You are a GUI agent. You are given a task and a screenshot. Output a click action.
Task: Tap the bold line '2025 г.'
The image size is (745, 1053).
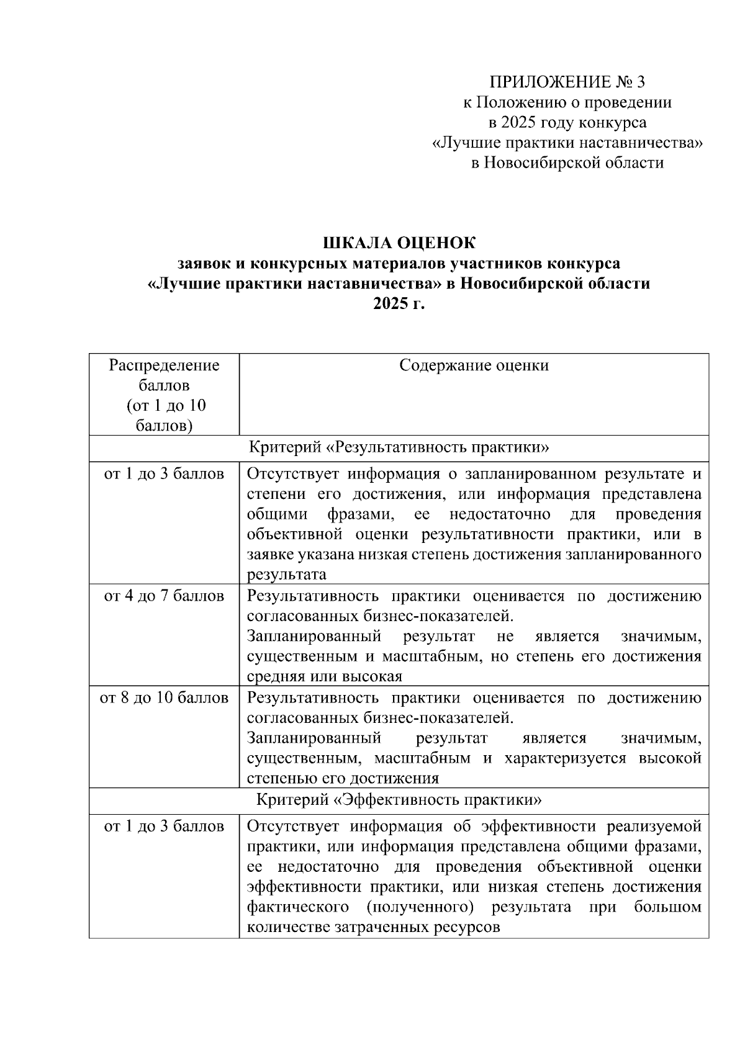click(399, 303)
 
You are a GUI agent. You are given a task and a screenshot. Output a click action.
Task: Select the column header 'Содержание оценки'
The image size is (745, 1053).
click(474, 365)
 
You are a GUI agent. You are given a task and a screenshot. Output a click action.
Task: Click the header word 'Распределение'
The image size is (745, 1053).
click(164, 365)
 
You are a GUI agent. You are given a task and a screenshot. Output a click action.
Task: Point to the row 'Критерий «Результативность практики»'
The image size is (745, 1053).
click(399, 447)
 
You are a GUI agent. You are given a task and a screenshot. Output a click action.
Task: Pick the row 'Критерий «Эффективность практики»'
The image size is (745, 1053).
click(399, 799)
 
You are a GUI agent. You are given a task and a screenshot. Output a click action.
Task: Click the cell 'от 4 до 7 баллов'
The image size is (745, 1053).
click(164, 596)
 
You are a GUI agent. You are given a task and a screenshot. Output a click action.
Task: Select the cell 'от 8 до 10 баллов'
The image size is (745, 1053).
click(164, 698)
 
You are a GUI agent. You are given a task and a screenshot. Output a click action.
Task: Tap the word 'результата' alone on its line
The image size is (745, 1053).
click(286, 574)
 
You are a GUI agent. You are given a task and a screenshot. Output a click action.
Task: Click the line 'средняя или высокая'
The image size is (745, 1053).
click(325, 676)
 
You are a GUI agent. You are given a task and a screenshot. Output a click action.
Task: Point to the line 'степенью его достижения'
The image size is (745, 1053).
click(343, 778)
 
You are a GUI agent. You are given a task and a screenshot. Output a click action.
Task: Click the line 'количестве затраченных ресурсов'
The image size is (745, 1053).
click(373, 928)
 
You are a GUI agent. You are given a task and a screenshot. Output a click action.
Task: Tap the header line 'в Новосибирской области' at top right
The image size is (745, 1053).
click(567, 163)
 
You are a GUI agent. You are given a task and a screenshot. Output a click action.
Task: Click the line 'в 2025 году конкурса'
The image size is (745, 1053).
click(567, 122)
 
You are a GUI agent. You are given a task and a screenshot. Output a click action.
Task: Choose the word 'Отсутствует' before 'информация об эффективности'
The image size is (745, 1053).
click(292, 827)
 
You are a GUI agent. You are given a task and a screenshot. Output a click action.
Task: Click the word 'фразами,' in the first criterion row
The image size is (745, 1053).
click(360, 514)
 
